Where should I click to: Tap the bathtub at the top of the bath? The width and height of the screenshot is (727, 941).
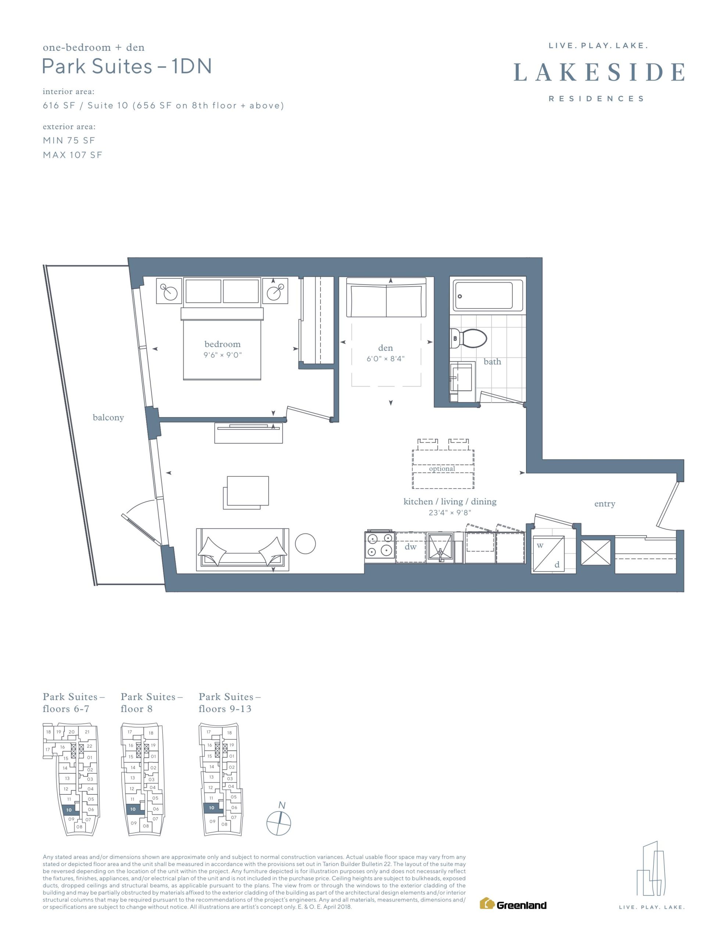tap(488, 295)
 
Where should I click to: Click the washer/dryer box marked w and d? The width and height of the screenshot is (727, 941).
tap(549, 554)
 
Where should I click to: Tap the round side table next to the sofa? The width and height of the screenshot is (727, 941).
tap(305, 544)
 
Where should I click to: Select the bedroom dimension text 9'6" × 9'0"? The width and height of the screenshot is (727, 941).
tap(223, 355)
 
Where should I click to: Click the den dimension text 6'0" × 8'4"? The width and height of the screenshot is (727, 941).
tap(386, 358)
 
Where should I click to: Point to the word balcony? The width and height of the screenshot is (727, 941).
tap(108, 418)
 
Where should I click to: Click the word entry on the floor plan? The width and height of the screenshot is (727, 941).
tap(605, 504)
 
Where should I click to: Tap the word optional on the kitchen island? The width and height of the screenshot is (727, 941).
tap(442, 469)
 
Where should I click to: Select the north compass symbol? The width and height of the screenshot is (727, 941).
tap(279, 821)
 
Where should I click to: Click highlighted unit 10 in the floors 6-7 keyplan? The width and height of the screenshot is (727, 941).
tap(69, 810)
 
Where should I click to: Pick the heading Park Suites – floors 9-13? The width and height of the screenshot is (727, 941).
tap(230, 703)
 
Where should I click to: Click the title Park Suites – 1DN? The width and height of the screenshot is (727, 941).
tap(127, 67)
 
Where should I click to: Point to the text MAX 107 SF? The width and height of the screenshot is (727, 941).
tap(72, 155)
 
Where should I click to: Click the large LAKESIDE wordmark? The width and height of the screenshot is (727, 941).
tap(599, 72)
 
